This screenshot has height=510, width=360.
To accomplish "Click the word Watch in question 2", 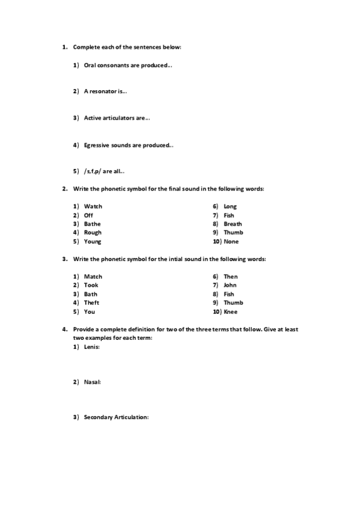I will (x=93, y=206).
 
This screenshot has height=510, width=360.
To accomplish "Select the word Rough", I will (x=93, y=233).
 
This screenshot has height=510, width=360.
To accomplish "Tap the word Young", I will (x=93, y=242).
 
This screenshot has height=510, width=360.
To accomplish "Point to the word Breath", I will (x=233, y=224).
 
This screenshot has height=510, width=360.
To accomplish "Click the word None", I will (x=231, y=242).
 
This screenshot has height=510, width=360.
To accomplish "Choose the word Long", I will (x=230, y=206).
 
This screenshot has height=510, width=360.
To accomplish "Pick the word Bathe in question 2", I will (x=92, y=224).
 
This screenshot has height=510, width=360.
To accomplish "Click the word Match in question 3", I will (x=93, y=277).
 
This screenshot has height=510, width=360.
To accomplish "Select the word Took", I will (x=91, y=285).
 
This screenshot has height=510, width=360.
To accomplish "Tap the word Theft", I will (x=91, y=303).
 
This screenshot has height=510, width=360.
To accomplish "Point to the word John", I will (x=230, y=285).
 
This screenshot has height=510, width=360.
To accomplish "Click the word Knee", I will (x=231, y=312).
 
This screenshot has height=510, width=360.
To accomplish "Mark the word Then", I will (x=230, y=277).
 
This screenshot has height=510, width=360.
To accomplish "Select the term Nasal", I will (x=92, y=382).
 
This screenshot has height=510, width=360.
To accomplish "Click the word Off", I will (x=88, y=215).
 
